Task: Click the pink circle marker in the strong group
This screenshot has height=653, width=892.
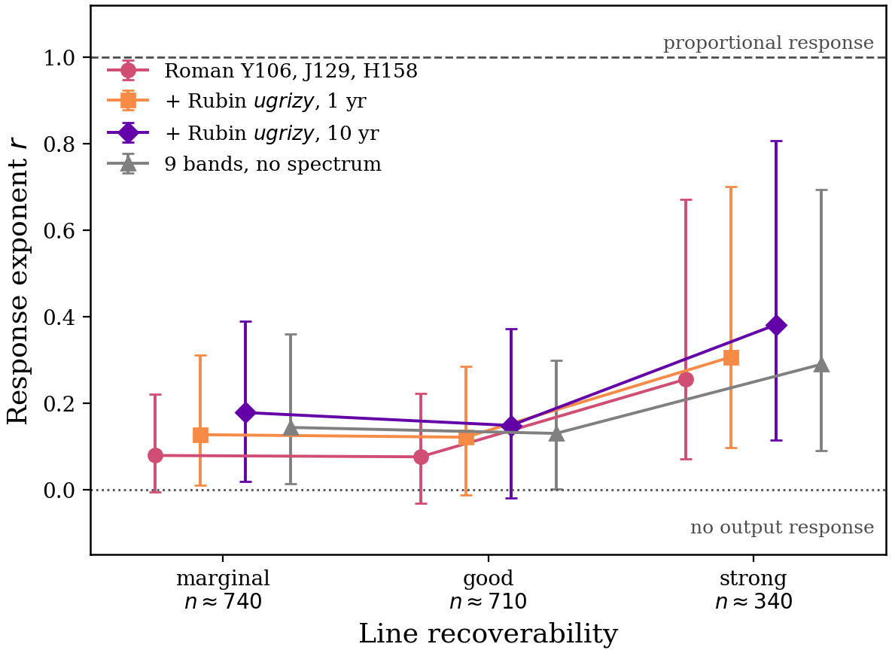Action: click(x=686, y=380)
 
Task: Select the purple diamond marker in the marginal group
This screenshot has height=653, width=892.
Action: click(x=245, y=412)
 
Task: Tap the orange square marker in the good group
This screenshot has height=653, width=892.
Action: click(x=466, y=438)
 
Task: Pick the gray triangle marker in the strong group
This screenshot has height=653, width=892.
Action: click(x=821, y=364)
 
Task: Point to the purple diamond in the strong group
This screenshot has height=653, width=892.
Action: click(x=776, y=326)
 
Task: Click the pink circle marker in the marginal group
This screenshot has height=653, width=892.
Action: click(x=155, y=455)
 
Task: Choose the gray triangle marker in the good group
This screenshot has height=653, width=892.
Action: click(x=556, y=433)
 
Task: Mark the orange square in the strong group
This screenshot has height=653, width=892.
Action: click(x=731, y=357)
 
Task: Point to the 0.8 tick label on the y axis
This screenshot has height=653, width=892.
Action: click(x=59, y=144)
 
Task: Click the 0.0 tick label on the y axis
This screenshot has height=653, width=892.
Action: click(x=59, y=490)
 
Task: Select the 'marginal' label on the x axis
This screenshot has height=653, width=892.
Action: click(x=223, y=578)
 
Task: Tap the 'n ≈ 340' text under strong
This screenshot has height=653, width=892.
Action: click(x=753, y=601)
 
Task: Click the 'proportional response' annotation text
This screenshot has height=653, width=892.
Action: click(x=768, y=43)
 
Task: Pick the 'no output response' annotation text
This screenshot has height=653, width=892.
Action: click(x=781, y=527)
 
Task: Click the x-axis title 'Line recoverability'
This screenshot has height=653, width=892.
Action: click(x=488, y=633)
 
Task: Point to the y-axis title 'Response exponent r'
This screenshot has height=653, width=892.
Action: click(x=17, y=290)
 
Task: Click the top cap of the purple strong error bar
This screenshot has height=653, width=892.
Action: click(x=776, y=141)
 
